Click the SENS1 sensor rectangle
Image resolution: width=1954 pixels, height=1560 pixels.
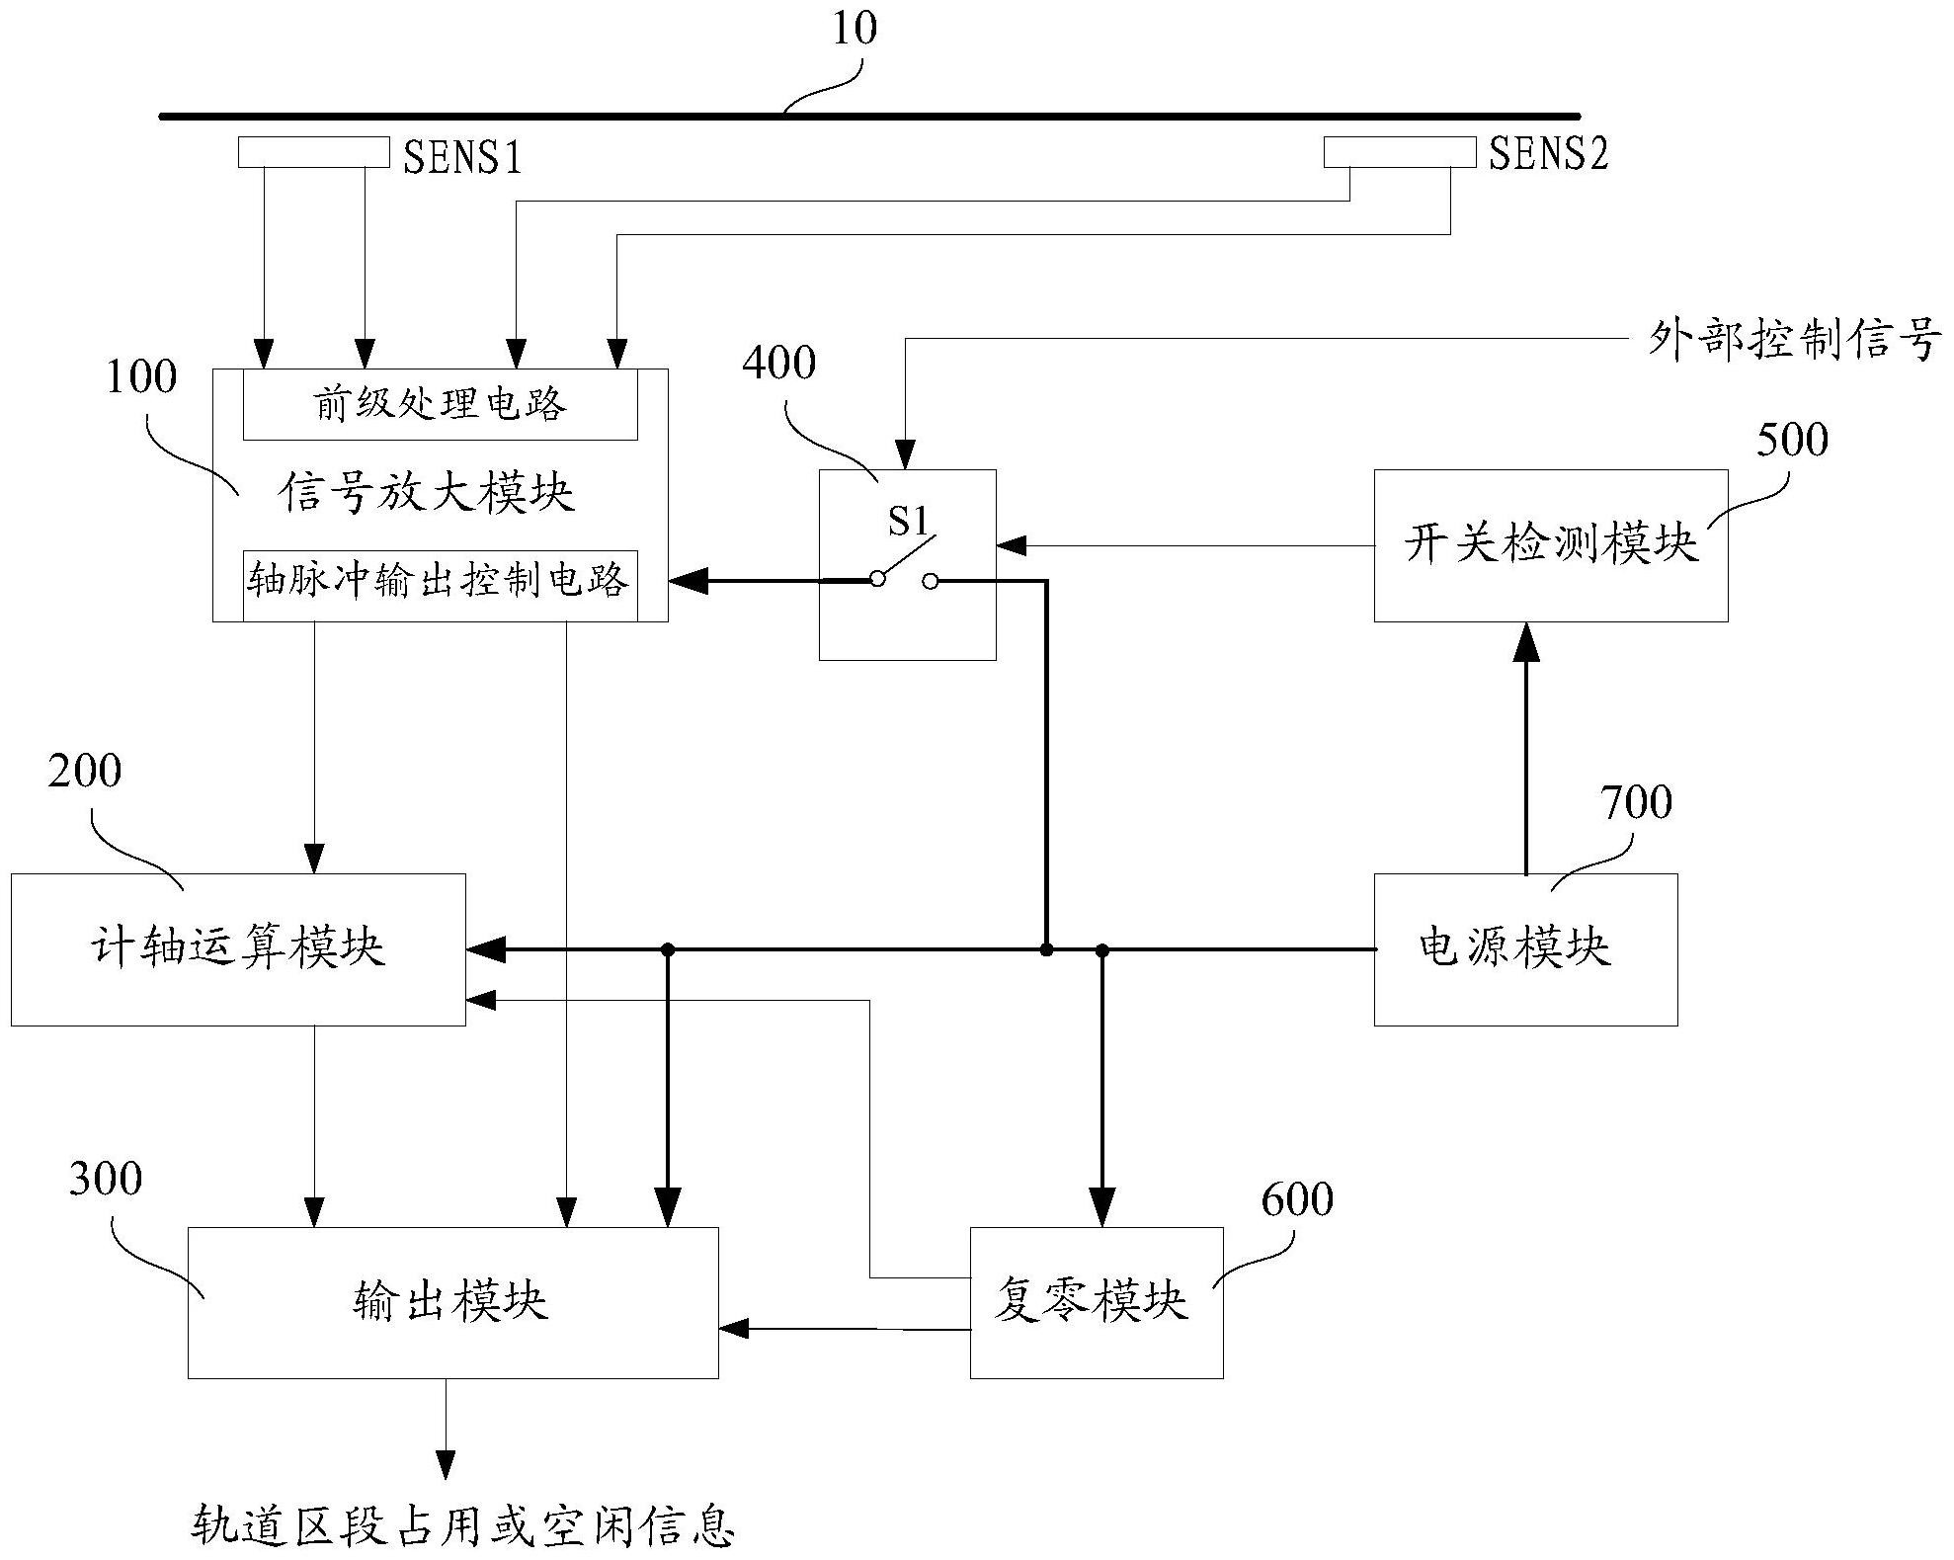(x=313, y=152)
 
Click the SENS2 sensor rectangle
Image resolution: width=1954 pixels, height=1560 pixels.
(x=1399, y=152)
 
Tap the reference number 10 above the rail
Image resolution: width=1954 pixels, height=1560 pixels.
(x=854, y=29)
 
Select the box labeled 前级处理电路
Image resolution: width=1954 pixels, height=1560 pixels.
(x=440, y=405)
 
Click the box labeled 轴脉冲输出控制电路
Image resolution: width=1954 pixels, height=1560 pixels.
(x=440, y=581)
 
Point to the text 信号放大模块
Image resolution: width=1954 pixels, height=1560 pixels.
(x=427, y=492)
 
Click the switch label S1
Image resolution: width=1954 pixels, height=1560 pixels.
(x=907, y=521)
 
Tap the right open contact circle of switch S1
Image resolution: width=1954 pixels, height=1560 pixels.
(x=930, y=582)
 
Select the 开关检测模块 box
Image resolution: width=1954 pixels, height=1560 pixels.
(x=1550, y=545)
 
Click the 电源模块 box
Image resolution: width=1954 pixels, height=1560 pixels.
(x=1524, y=948)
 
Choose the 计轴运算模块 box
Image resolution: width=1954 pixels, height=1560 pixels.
(x=237, y=948)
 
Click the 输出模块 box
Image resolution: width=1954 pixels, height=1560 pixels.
(x=451, y=1302)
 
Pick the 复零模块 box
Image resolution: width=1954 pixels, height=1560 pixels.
(x=1096, y=1302)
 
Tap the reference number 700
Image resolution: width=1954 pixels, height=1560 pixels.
(x=1636, y=802)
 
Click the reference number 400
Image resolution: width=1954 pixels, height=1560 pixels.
(x=778, y=364)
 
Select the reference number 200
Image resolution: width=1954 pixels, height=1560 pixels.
(x=85, y=772)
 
